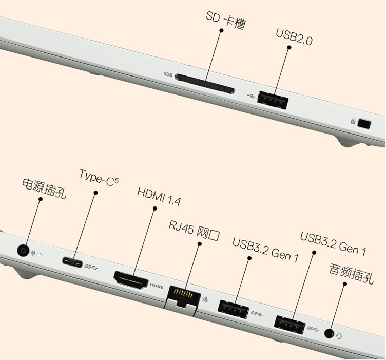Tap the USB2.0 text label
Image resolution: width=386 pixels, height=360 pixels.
[294, 37]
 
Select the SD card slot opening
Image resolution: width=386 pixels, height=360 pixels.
[205, 84]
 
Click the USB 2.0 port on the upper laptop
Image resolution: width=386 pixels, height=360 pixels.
[272, 100]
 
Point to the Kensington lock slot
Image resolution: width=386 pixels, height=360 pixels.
[364, 124]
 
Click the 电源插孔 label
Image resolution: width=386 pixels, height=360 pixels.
[44, 188]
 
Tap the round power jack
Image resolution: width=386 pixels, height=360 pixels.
[23, 251]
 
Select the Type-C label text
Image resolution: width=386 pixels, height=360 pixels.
[99, 178]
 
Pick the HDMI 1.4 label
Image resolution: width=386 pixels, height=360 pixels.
[159, 196]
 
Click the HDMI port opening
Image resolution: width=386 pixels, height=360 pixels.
[131, 281]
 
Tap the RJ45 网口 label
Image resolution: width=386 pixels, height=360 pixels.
[194, 231]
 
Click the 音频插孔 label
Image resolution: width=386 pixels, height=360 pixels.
[352, 274]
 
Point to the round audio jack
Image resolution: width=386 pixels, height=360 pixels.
[330, 333]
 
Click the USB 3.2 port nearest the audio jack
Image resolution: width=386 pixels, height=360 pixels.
[289, 325]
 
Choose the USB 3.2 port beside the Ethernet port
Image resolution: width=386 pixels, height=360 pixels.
[233, 309]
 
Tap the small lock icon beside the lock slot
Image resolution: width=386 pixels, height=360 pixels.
[353, 121]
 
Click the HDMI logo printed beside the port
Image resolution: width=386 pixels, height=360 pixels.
[157, 286]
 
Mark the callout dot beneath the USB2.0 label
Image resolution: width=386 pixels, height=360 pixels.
[289, 47]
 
